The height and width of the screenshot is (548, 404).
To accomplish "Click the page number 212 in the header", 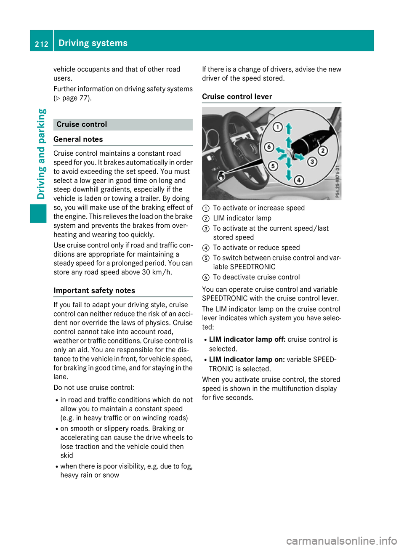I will click(x=41, y=44).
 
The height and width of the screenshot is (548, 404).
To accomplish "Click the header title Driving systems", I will click(x=93, y=43).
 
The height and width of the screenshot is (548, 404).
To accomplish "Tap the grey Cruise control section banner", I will click(x=123, y=125).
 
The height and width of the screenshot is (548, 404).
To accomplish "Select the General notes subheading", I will click(x=78, y=139).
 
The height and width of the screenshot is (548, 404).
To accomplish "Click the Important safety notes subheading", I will click(x=94, y=290).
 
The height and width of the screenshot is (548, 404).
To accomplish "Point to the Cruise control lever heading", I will click(x=237, y=97).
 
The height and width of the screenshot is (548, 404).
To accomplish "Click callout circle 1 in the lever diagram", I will click(x=277, y=127).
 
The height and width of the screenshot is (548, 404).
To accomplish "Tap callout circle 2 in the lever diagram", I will click(x=323, y=151).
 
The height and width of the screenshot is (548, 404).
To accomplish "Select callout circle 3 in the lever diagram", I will click(x=312, y=162).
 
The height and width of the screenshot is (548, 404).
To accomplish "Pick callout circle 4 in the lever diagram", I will click(x=299, y=180).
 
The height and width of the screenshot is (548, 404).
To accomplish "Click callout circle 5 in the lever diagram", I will click(x=273, y=166).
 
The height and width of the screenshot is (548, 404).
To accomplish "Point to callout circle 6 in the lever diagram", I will click(x=268, y=147).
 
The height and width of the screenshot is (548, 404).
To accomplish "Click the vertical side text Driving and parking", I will click(x=41, y=154).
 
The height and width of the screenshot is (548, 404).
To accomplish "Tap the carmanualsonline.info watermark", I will click(x=341, y=540).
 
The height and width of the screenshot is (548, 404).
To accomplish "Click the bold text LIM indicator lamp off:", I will click(x=247, y=340).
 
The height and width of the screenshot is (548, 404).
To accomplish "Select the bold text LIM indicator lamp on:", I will click(x=247, y=359).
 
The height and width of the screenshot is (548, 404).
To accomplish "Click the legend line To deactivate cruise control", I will click(x=256, y=277).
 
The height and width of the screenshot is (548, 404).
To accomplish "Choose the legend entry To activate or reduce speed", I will click(x=256, y=248).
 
